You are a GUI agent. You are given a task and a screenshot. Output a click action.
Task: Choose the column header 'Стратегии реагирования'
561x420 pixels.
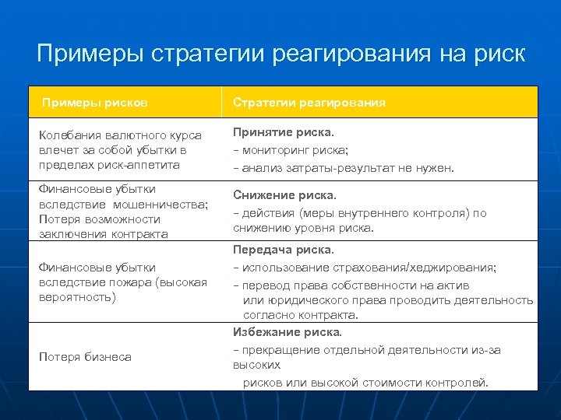[x=309, y=103]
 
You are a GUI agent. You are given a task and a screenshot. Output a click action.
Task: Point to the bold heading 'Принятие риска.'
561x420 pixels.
[x=284, y=132]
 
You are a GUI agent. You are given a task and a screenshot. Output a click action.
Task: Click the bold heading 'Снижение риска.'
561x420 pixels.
[x=285, y=195]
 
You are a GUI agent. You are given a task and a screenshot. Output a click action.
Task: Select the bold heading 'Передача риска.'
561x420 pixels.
[x=284, y=250]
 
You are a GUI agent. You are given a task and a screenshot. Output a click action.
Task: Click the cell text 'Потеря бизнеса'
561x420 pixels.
[x=85, y=357]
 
